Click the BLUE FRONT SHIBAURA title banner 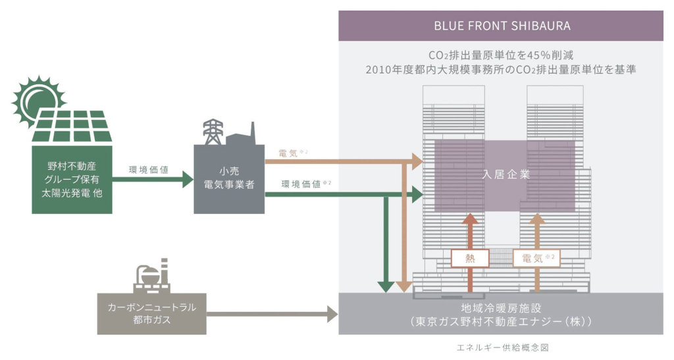pyautogui.click(x=501, y=26)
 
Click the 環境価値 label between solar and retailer pyautogui.click(x=149, y=170)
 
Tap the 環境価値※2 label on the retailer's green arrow pyautogui.click(x=302, y=184)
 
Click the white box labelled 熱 pyautogui.click(x=470, y=258)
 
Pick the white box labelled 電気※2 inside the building pyautogui.click(x=536, y=258)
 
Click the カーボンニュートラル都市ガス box pyautogui.click(x=151, y=313)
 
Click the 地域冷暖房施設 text pyautogui.click(x=501, y=307)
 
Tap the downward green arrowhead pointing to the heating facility pyautogui.click(x=386, y=286)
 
